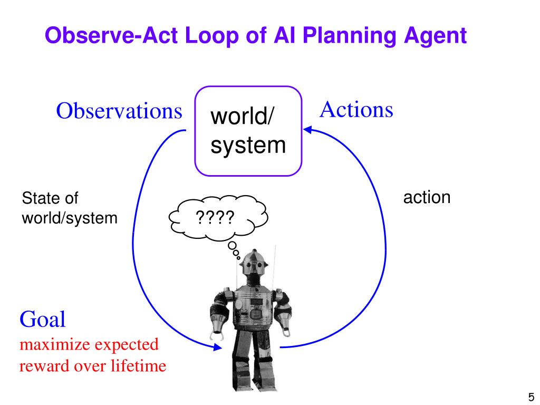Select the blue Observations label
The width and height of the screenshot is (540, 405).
tap(119, 111)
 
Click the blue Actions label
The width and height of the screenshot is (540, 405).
tap(356, 110)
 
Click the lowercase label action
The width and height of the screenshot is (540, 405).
tap(427, 198)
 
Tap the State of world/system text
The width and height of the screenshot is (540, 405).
tap(69, 208)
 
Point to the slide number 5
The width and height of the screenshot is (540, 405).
tap(531, 397)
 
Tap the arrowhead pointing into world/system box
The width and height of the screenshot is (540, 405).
tap(307, 130)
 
